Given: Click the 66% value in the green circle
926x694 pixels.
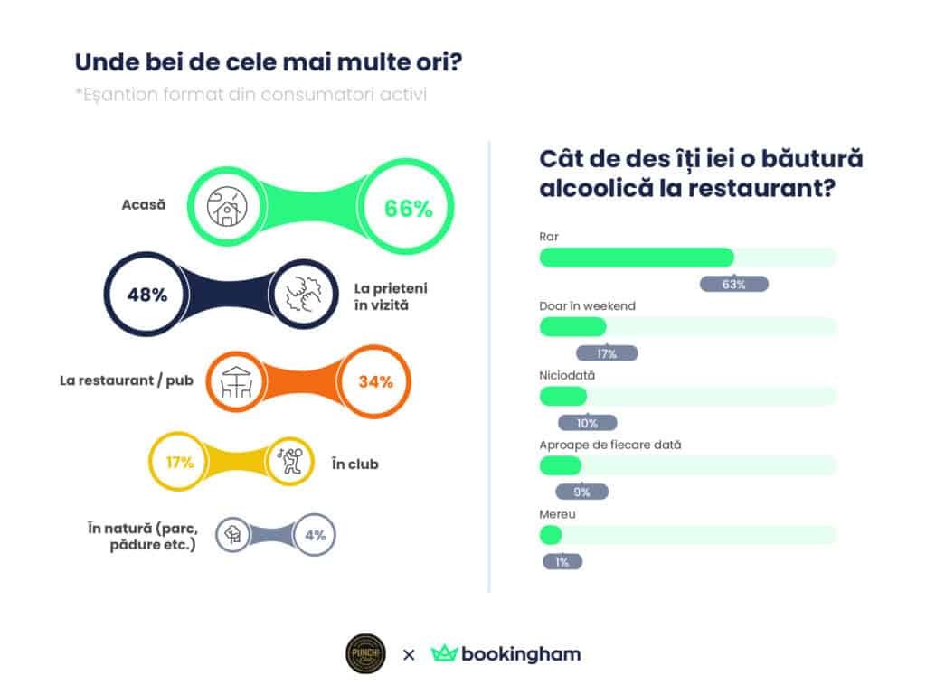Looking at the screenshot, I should click(409, 208).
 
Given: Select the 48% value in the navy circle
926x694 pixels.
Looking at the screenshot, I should click(146, 295).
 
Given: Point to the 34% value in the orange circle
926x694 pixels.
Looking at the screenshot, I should click(375, 381).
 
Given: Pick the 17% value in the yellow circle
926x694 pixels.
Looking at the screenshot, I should click(180, 463).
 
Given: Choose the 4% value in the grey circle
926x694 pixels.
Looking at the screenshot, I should click(315, 535).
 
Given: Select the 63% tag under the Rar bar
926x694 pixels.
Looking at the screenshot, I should click(734, 284).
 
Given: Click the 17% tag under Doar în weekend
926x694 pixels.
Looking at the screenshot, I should click(607, 353).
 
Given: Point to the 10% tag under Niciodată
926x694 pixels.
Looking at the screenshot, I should click(587, 423).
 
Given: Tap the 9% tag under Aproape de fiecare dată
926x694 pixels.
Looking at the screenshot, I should click(581, 492).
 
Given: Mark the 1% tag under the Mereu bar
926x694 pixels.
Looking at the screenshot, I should click(562, 561).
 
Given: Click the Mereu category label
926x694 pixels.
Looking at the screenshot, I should click(557, 513).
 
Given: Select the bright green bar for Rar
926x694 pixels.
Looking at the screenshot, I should click(637, 258).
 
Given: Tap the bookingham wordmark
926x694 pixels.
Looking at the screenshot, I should click(521, 653).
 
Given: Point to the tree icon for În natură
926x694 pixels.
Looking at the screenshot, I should click(233, 534).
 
